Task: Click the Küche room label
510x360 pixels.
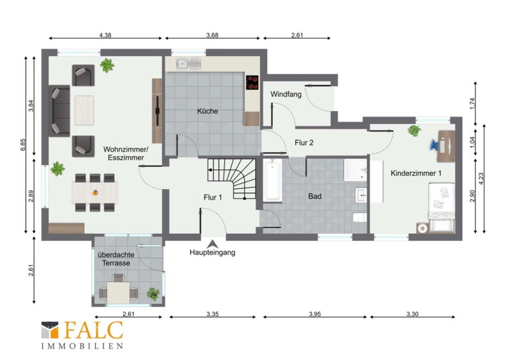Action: [x=208, y=111]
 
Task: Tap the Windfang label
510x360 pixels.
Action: [x=286, y=94]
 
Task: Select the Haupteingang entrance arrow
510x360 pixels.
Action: [x=212, y=244]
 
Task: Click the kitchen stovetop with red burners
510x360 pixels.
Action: [x=252, y=82]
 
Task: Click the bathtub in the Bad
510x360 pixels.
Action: [x=273, y=180]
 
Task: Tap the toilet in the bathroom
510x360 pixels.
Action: [x=360, y=217]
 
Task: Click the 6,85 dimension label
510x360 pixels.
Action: [x=22, y=145]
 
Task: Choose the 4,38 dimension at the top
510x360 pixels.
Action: [x=105, y=35]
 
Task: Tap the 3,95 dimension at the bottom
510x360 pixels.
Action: [x=314, y=314]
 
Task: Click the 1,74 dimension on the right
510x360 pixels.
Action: [x=472, y=103]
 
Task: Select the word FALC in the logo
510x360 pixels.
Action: [x=94, y=330]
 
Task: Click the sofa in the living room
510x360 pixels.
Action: [x=59, y=111]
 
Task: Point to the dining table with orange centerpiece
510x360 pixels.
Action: [x=94, y=192]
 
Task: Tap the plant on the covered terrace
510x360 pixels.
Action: [x=153, y=294]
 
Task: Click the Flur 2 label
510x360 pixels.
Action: [x=304, y=143]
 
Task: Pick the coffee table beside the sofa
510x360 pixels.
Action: [x=84, y=110]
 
